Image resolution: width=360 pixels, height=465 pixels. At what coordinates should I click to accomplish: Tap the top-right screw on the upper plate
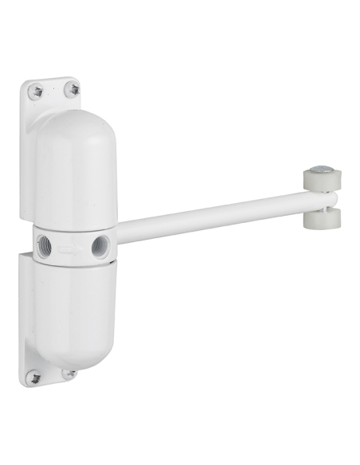[72, 89]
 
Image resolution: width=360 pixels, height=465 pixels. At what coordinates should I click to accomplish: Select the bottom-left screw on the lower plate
[33, 377]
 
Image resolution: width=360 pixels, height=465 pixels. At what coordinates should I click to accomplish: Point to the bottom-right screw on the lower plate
[70, 373]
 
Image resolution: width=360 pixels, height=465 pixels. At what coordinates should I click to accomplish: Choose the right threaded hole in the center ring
[100, 245]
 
